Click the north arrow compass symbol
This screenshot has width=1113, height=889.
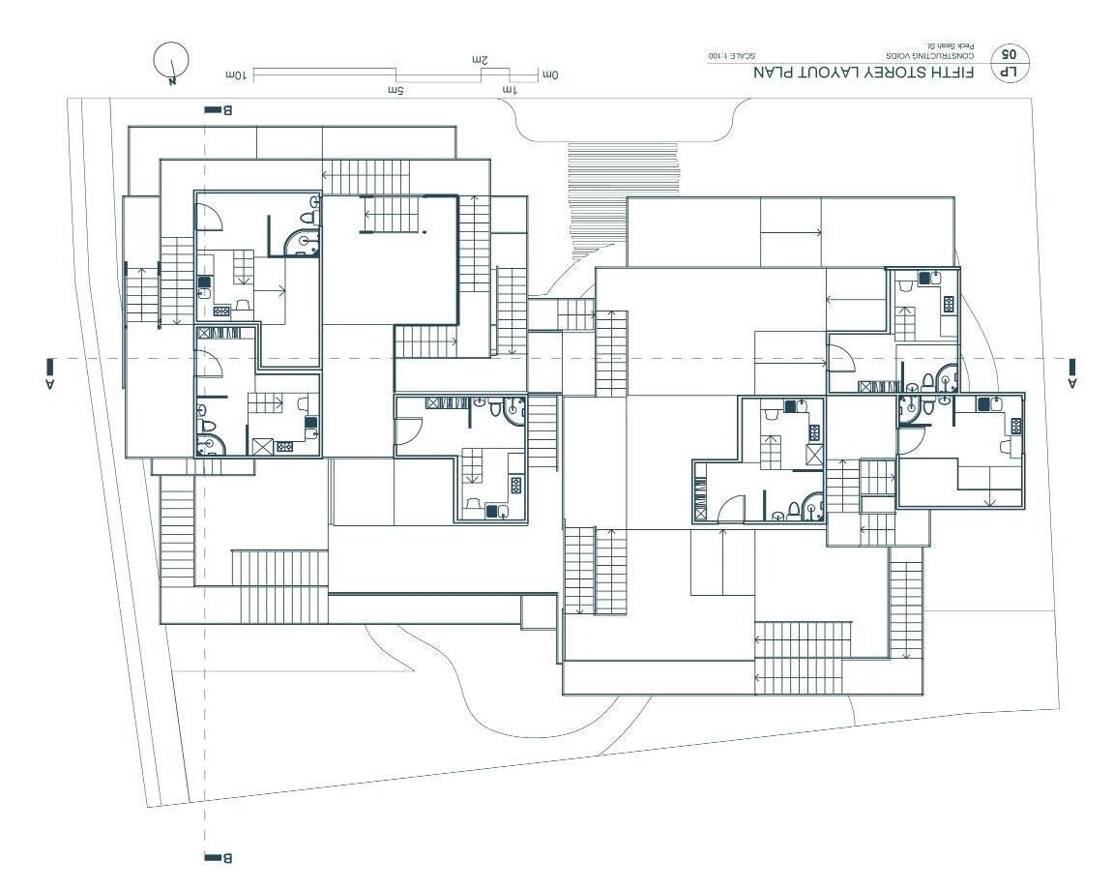click(x=171, y=61)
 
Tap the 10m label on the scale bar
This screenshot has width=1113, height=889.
click(x=237, y=74)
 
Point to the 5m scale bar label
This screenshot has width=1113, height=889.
click(x=395, y=90)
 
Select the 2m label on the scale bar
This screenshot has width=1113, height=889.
click(x=480, y=60)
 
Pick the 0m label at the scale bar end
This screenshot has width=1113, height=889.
click(x=551, y=74)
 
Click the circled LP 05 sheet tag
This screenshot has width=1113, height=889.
click(x=1012, y=61)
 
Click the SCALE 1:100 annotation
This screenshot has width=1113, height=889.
click(x=731, y=56)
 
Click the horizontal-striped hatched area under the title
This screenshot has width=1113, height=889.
click(x=623, y=198)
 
